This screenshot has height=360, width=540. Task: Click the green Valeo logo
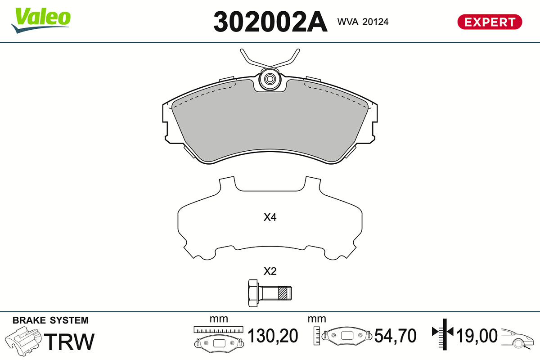click(x=41, y=20)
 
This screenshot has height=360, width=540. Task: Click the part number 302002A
click(x=270, y=22)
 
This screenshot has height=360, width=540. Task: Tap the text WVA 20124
click(x=363, y=22)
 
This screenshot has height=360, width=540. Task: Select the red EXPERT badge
click(x=490, y=22)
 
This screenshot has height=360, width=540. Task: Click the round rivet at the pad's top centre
click(x=270, y=79)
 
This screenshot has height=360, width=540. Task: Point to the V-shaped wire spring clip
click(x=270, y=58)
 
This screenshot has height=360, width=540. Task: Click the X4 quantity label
click(x=270, y=217)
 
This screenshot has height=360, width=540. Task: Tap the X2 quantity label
click(x=270, y=271)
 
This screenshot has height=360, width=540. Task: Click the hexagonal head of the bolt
click(x=253, y=293)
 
